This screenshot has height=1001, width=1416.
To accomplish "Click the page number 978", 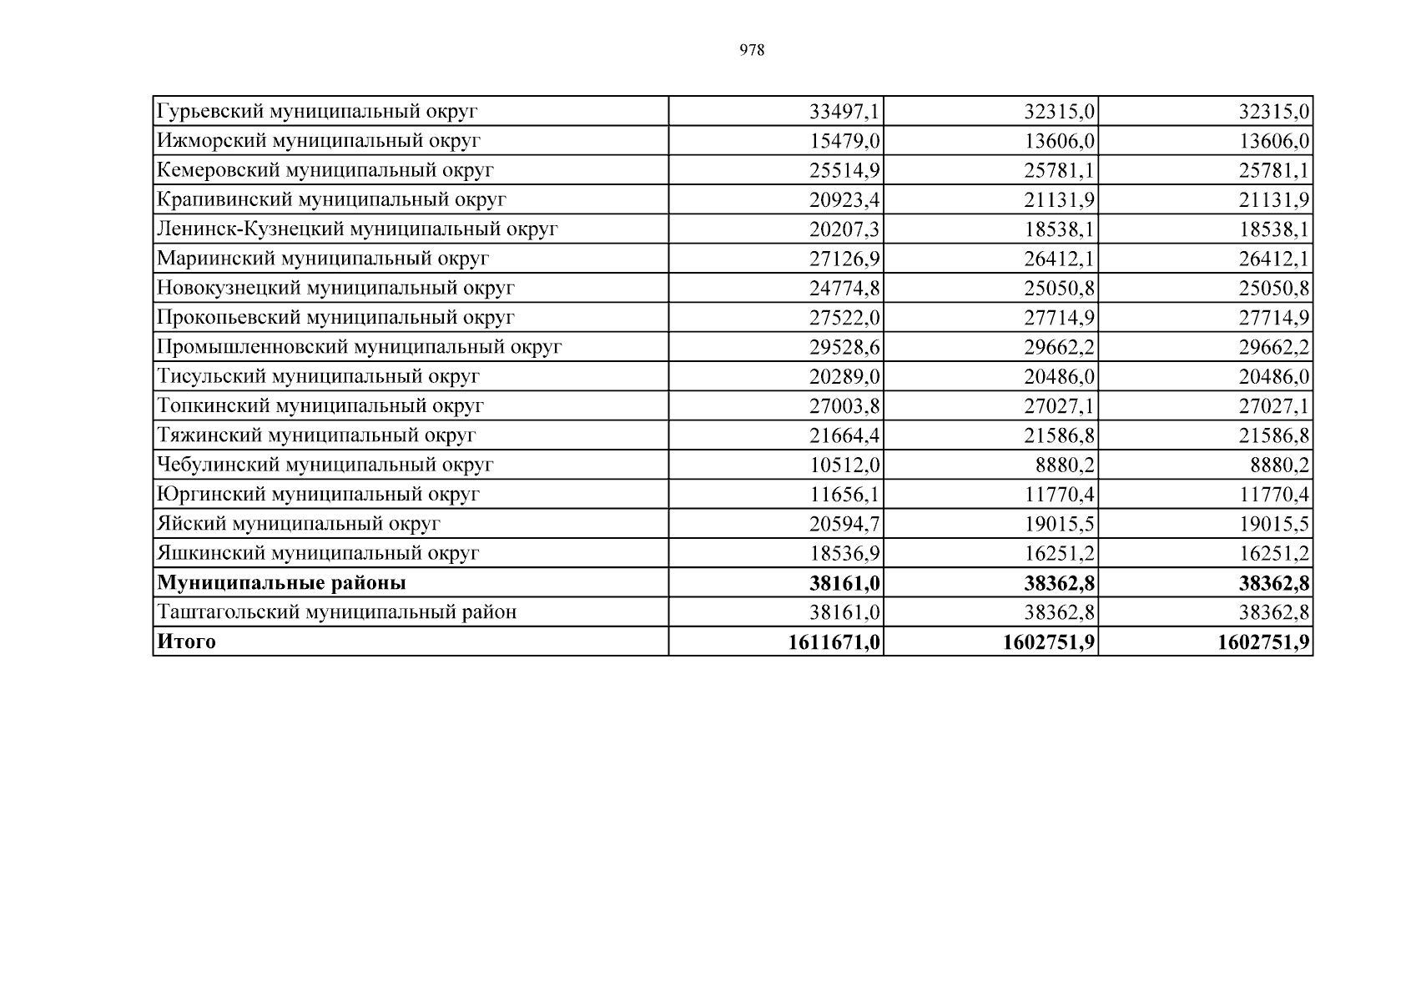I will (752, 50).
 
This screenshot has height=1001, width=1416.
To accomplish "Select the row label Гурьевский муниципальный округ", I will (317, 111).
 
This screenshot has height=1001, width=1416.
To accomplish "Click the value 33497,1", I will (844, 111).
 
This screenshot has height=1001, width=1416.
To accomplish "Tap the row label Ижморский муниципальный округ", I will (319, 140).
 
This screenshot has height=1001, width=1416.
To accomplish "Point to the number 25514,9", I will (844, 170).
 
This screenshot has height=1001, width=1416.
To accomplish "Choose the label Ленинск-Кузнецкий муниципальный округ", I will (357, 229).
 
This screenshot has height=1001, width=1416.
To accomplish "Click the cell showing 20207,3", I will (844, 229).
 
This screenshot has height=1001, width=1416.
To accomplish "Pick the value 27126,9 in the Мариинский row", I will (844, 259).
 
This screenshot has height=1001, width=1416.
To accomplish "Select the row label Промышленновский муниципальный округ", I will (360, 346).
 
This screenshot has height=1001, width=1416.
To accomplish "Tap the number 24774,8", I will (844, 288).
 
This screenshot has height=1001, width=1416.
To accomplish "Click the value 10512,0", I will (844, 465).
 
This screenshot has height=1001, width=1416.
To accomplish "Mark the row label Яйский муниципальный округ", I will (299, 524).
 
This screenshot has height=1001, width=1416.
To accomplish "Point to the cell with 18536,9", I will (844, 553).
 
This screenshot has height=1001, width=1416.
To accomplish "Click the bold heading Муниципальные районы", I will (282, 582).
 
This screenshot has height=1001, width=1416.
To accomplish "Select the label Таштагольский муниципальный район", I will (337, 612).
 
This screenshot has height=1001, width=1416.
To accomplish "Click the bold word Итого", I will (186, 641).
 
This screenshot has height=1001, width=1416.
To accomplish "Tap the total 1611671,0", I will (834, 641).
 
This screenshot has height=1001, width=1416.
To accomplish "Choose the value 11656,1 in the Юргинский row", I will (844, 494).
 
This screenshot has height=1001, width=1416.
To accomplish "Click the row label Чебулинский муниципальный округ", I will (325, 465).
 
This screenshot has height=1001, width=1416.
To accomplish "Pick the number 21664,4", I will (844, 435).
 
